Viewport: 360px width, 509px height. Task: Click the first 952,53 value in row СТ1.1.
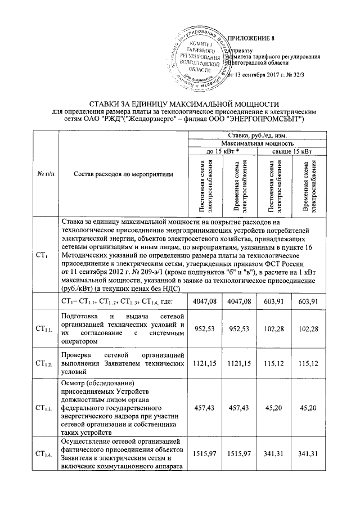click(x=204, y=328)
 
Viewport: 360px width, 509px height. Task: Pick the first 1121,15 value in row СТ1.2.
click(x=204, y=364)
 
